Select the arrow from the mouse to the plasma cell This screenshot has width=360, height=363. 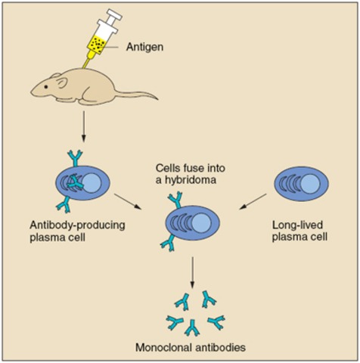pos(83,125)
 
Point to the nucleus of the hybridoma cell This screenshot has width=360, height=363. pos(200,224)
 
